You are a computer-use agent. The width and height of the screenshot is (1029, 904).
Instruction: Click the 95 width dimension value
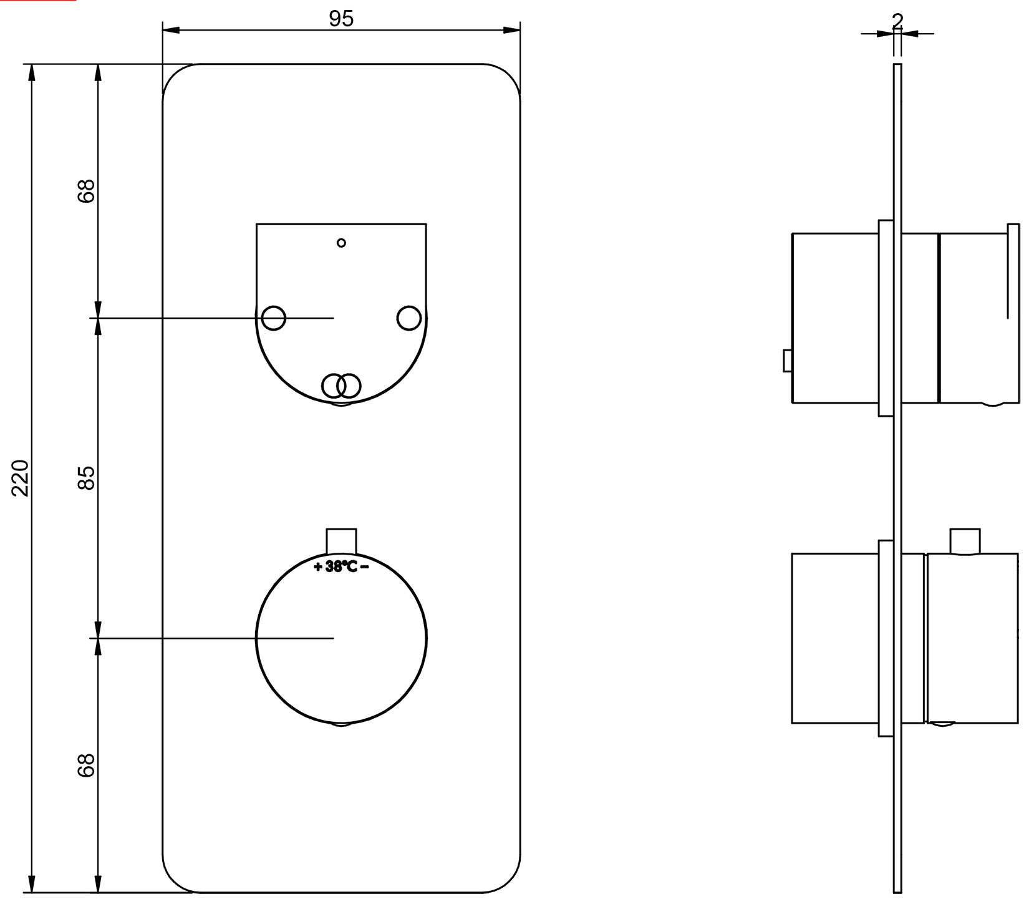point(341,19)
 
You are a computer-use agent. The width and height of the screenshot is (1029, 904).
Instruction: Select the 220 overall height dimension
point(22,477)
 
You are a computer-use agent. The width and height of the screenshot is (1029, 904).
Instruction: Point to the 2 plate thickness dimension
point(897,21)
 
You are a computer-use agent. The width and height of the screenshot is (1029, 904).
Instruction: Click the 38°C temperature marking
point(341,567)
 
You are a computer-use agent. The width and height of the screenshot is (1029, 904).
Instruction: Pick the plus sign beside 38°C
point(318,567)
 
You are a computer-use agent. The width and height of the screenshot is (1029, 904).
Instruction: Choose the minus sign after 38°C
point(364,566)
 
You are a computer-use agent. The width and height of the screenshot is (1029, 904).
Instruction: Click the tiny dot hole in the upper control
point(341,243)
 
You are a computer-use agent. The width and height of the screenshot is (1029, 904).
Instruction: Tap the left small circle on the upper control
point(273,318)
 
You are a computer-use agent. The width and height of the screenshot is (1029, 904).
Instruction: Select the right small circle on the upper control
point(408,318)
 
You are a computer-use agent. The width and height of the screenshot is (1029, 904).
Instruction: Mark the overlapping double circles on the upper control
point(341,386)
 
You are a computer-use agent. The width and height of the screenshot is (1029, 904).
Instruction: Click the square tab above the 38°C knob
point(341,540)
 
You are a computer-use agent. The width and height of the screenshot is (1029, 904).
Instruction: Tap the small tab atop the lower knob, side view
point(965,541)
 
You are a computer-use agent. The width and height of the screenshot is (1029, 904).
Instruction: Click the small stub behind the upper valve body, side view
point(787,361)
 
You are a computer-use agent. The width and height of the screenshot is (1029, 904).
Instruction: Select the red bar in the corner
point(38,1)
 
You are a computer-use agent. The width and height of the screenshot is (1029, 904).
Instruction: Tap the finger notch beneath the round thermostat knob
point(341,725)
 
